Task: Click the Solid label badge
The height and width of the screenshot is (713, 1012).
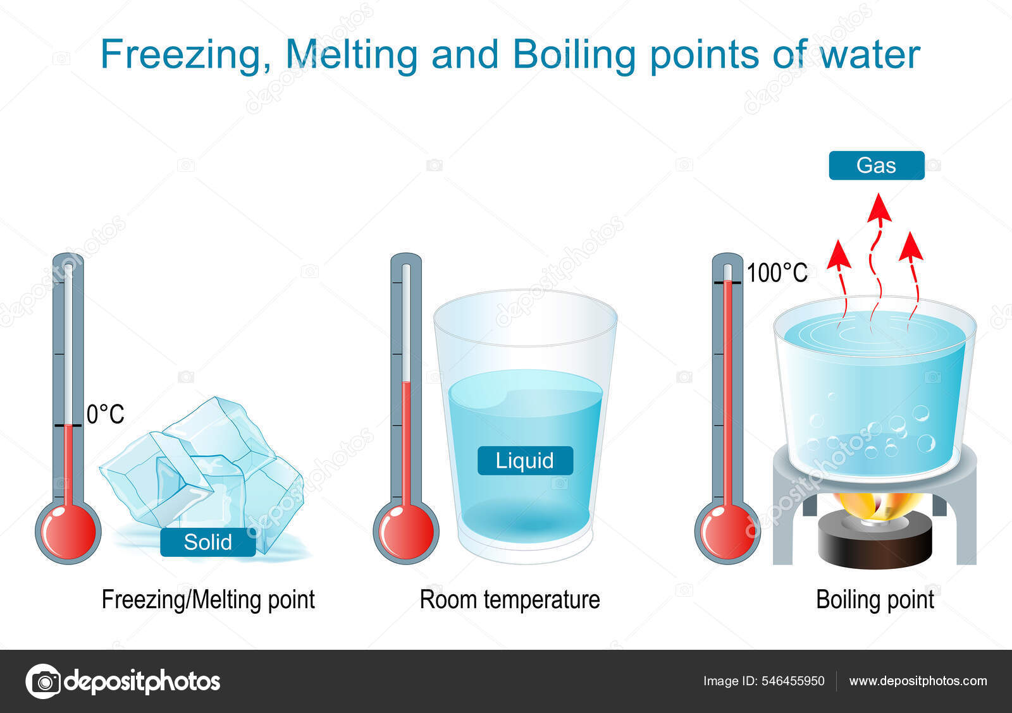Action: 208,542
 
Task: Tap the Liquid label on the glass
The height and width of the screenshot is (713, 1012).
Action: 525,461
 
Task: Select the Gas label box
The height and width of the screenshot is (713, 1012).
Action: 877,165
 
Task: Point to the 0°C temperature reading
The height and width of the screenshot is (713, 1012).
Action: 105,414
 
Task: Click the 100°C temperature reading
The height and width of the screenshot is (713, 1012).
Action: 777,272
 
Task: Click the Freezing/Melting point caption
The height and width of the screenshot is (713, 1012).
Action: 208,600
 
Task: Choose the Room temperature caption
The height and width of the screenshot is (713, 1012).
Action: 510,600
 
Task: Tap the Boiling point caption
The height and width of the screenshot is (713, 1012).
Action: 875,600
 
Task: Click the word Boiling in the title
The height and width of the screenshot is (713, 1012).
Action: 574,55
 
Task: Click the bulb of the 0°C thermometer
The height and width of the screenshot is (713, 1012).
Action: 68,532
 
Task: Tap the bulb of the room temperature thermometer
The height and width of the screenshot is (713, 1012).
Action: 405,532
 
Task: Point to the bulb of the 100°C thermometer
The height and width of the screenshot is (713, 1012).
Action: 727,532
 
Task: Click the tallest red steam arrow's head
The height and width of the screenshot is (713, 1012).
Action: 879,207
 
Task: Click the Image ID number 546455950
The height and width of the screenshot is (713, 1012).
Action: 793,681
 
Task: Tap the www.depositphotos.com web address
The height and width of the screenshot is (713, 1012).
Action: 918,681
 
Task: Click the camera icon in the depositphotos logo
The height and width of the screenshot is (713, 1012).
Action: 44,681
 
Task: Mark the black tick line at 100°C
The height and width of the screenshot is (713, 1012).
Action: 727,283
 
